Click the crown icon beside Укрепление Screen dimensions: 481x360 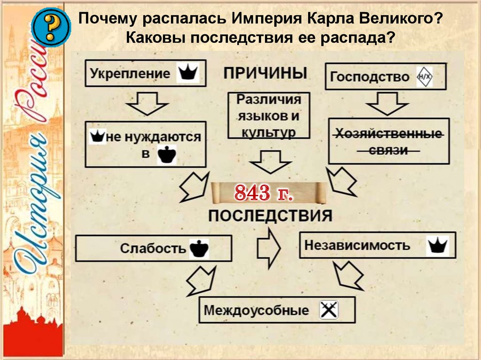coord(188,73)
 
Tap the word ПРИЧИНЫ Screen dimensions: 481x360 coord(265,73)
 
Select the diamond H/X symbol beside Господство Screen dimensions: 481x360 coord(424,77)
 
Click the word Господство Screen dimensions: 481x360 coord(370,77)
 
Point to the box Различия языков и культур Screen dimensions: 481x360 coord(269,115)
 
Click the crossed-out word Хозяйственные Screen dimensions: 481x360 coord(388,134)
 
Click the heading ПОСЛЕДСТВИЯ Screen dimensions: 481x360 coord(270,216)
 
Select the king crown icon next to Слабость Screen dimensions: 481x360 coord(199,248)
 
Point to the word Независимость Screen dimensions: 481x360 coord(357,245)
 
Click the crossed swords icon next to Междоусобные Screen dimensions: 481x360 coord(329,310)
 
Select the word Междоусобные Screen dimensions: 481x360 coord(257,310)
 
